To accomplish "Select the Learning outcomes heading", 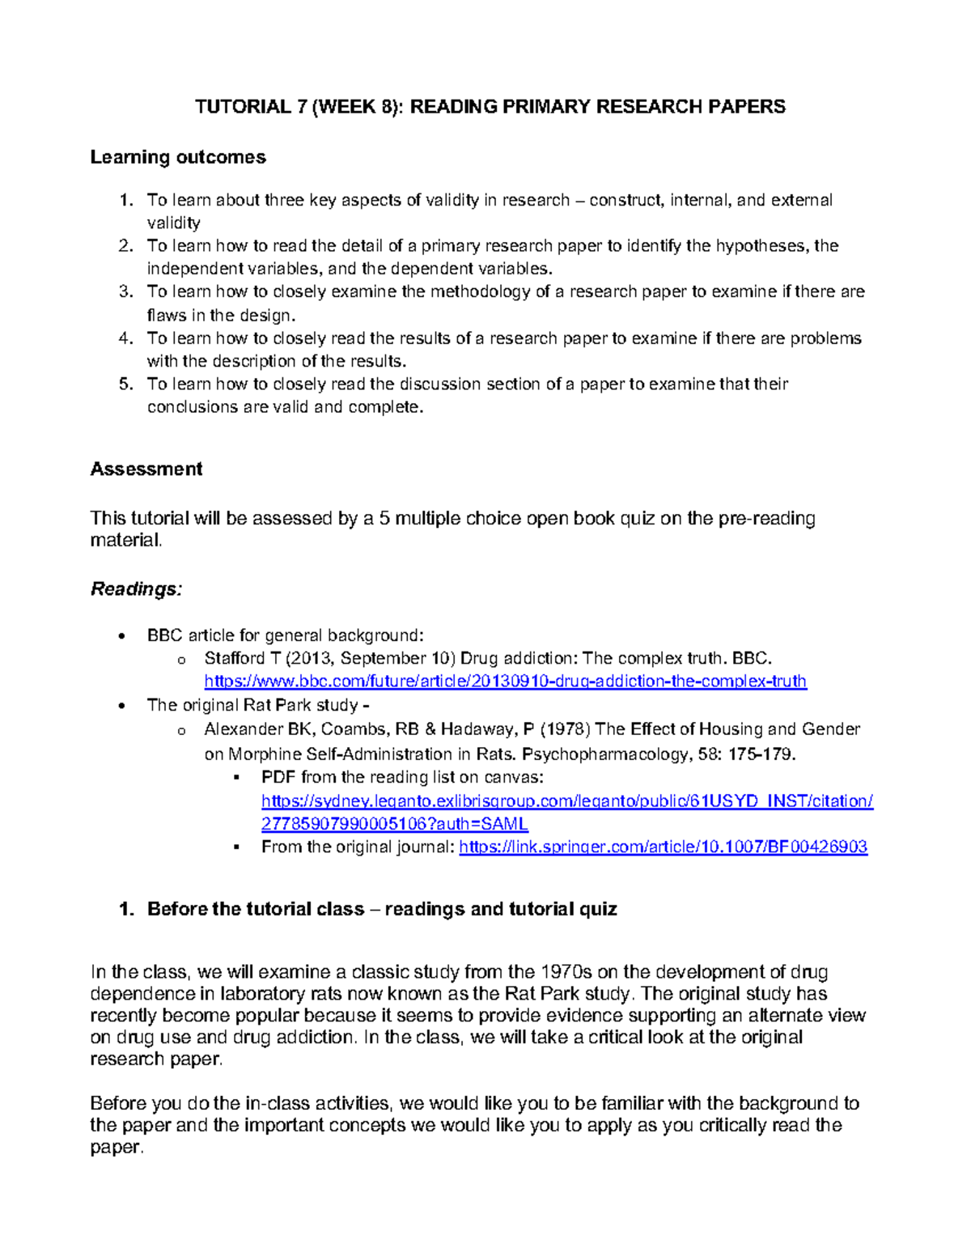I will pyautogui.click(x=178, y=157).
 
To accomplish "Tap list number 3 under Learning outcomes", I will pyautogui.click(x=125, y=291).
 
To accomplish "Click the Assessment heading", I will pyautogui.click(x=146, y=469).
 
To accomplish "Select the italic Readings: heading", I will pyautogui.click(x=136, y=589).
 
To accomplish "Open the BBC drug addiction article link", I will pyautogui.click(x=505, y=682).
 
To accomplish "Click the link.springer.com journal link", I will pyautogui.click(x=663, y=847).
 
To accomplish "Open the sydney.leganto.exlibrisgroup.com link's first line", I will pyautogui.click(x=567, y=801).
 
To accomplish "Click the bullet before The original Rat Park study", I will pyautogui.click(x=121, y=706).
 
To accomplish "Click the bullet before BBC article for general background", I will pyautogui.click(x=121, y=636).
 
